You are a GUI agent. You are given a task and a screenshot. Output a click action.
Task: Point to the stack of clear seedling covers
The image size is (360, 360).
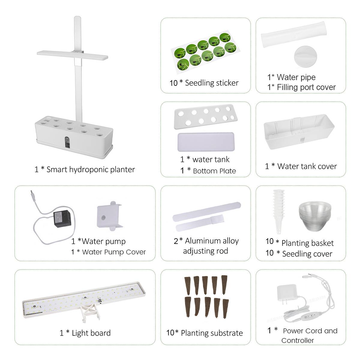coord(315,215)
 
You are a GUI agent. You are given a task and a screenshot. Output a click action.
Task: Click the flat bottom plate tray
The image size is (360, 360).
coord(206,142)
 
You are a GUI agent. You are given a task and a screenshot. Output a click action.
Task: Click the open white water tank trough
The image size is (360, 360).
coord(299,132)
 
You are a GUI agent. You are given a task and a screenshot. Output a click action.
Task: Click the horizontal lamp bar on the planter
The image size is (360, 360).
coord(72,55)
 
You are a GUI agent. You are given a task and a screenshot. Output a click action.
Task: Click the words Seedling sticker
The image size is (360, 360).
coord(211,83)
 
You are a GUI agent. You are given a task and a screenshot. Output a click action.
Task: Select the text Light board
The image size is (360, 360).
coord(91,333)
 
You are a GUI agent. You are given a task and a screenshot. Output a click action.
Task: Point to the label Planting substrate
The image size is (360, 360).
coord(212,333)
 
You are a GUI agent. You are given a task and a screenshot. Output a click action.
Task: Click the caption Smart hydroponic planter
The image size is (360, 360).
coord(90,169)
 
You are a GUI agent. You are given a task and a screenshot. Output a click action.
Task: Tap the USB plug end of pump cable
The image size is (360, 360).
coord(32,195)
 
